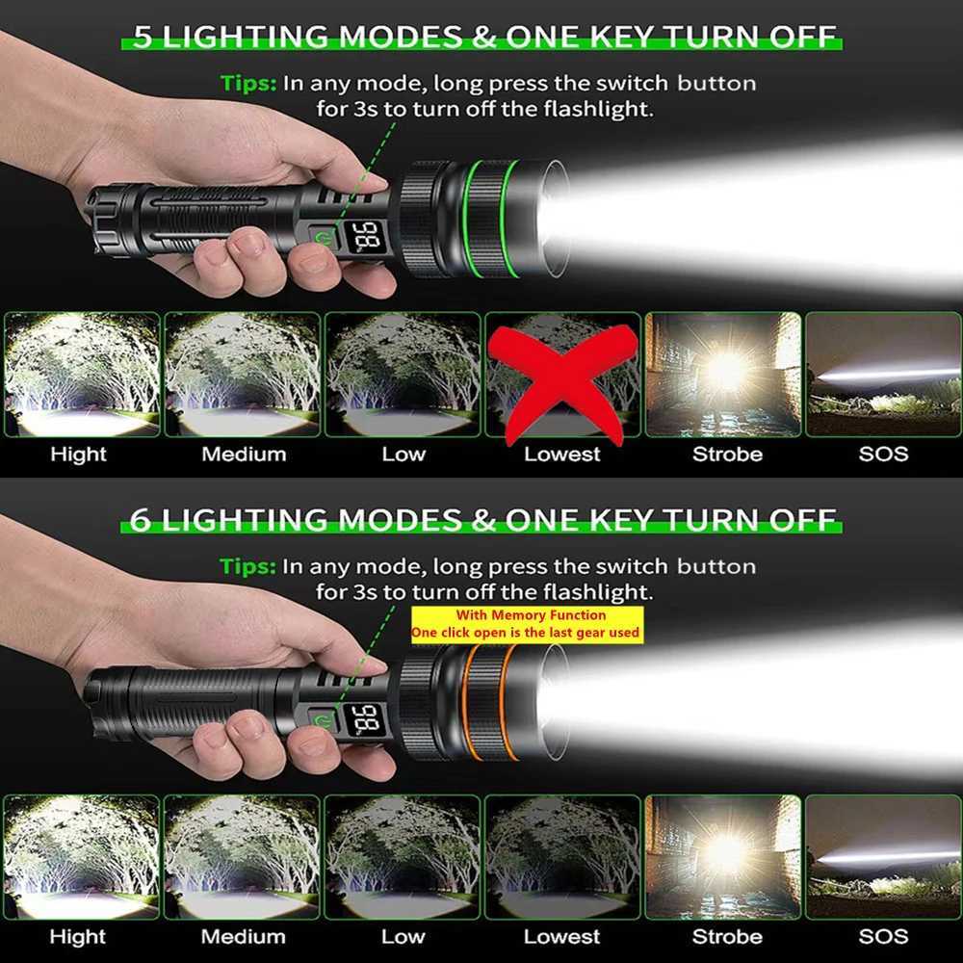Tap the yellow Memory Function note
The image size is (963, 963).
pyautogui.click(x=526, y=624)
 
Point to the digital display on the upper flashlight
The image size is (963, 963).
pyautogui.click(x=365, y=234)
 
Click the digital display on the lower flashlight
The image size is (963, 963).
pyautogui.click(x=366, y=718)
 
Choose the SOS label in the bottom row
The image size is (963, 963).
pyautogui.click(x=883, y=936)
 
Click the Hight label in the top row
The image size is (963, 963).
pyautogui.click(x=78, y=454)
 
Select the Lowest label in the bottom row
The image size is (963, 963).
pyautogui.click(x=562, y=936)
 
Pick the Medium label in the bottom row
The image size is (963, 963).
pyautogui.click(x=243, y=936)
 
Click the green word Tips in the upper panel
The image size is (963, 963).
pyautogui.click(x=248, y=83)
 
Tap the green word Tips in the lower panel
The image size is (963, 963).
pyautogui.click(x=248, y=566)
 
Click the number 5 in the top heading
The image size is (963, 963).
pyautogui.click(x=143, y=37)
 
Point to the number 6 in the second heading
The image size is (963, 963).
pyautogui.click(x=141, y=520)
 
